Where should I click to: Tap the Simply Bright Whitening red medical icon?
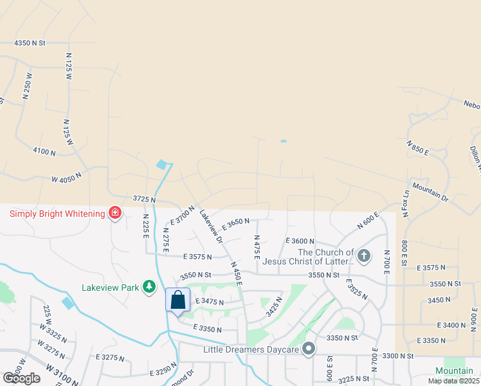click(116, 213)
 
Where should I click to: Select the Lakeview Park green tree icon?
click(150, 288)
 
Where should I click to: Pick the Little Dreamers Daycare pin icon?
click(309, 349)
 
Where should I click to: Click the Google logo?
click(21, 378)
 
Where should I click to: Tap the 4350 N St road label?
click(30, 43)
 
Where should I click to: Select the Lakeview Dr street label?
click(210, 226)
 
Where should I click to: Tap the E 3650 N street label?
click(235, 224)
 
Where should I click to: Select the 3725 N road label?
click(145, 200)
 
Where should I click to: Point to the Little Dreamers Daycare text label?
click(252, 350)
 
